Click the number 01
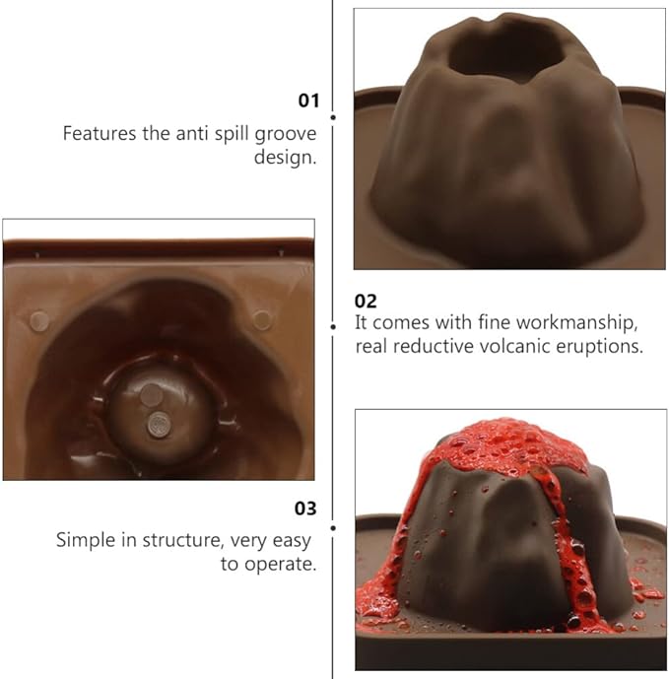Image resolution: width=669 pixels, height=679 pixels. click(308, 101)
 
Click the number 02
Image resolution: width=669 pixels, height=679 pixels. click(366, 301)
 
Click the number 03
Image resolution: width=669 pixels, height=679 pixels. click(305, 508)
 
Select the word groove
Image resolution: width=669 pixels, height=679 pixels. click(286, 135)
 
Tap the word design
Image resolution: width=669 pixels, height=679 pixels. click(286, 158)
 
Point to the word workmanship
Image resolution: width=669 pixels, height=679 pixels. click(576, 322)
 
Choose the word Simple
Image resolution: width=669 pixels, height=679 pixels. click(86, 541)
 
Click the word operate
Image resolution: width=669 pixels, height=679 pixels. click(280, 565)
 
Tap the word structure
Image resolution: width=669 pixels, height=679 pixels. click(183, 541)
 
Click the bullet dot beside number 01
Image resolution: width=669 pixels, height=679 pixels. click(333, 117)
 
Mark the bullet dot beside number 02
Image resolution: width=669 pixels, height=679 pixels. click(333, 326)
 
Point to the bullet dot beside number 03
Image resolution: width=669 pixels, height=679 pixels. click(333, 528)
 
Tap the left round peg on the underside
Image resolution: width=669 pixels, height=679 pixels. click(39, 321)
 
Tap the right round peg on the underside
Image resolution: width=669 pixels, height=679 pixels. click(262, 320)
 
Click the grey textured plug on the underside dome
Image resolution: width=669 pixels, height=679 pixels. click(159, 425)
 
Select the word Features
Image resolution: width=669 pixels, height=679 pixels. click(100, 133)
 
